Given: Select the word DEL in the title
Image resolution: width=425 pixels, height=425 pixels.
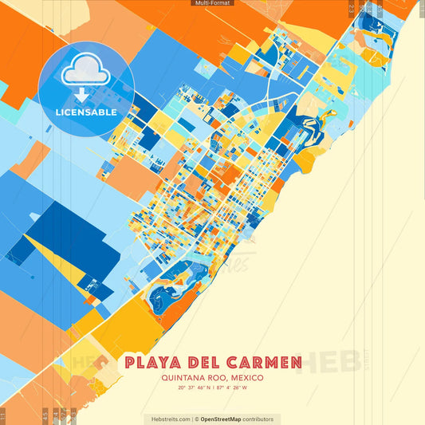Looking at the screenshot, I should coord(207,364).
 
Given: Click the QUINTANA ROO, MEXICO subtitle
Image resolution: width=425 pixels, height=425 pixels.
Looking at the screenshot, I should coord(212,378).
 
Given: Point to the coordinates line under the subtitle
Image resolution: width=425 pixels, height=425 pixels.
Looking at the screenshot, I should coord(212,388).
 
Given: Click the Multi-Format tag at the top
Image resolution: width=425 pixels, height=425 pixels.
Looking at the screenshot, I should coord(212,3).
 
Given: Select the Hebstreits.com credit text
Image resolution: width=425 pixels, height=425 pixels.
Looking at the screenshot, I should coord(167,419).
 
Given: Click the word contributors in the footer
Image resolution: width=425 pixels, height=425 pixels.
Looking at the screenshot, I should coord(259,419).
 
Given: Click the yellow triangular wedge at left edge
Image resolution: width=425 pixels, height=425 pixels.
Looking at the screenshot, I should coord(52,255).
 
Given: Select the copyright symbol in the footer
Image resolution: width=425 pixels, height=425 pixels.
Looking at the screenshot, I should coord(196,419).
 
